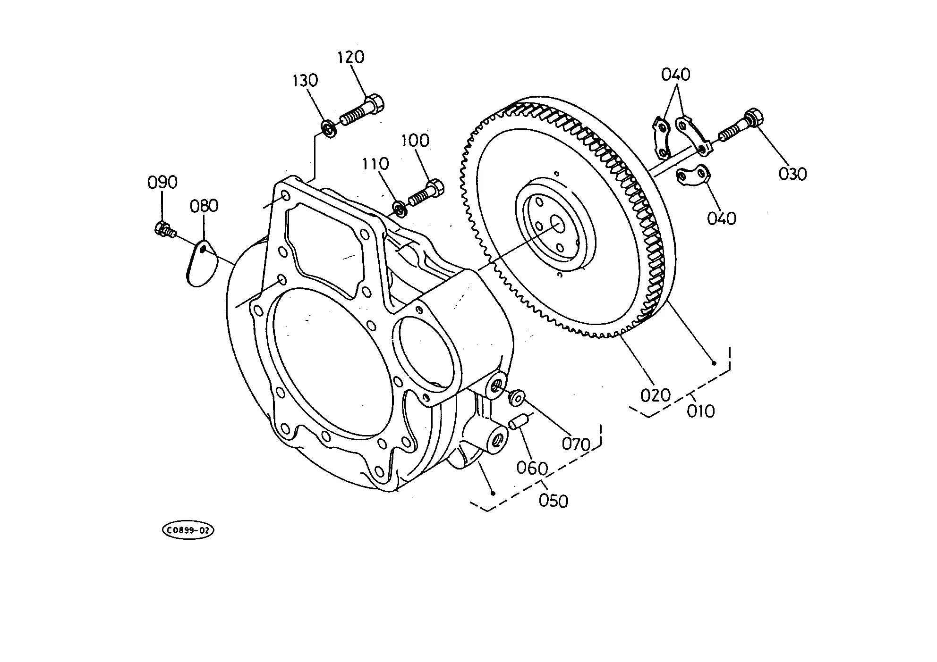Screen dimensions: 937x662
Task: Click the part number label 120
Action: (x=351, y=57)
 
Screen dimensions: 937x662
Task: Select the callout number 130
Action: (x=305, y=80)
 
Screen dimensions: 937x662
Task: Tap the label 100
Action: (x=416, y=140)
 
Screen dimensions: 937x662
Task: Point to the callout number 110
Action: (x=376, y=164)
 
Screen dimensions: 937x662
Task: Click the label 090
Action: (x=162, y=182)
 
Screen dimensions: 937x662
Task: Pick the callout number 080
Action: (x=204, y=206)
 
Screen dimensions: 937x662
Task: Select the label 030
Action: (x=793, y=174)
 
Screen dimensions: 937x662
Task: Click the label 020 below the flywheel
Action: (x=656, y=395)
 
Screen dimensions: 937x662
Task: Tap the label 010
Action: (x=701, y=411)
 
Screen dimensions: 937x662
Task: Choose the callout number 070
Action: (x=576, y=444)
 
